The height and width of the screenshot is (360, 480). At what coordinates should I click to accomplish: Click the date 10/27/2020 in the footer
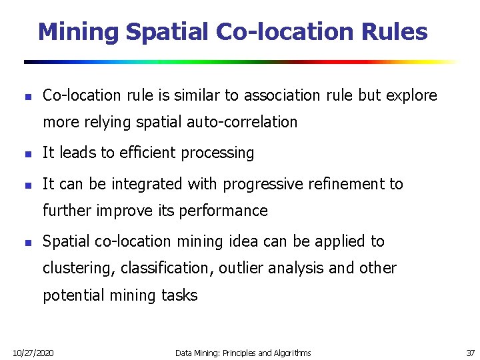pyautogui.click(x=34, y=352)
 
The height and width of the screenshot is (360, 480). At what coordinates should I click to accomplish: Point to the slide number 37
pyautogui.click(x=470, y=352)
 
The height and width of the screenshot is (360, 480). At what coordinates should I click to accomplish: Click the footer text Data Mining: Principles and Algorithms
pyautogui.click(x=243, y=352)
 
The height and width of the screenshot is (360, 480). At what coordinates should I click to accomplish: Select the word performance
pyautogui.click(x=230, y=211)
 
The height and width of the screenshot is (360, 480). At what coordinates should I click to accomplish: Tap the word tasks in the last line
pyautogui.click(x=179, y=295)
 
